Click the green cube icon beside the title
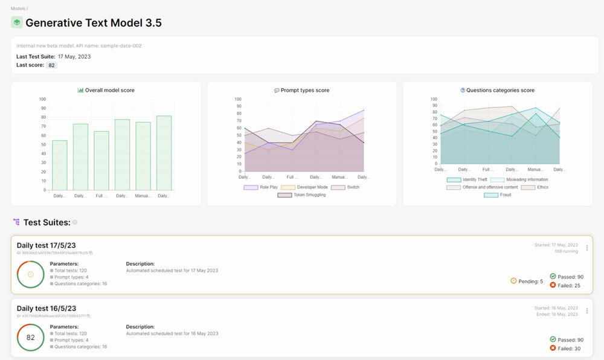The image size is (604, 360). tap(17, 23)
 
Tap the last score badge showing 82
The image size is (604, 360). tap(52, 65)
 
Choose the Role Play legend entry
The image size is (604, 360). tap(260, 187)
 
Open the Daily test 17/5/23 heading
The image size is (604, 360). tap(46, 245)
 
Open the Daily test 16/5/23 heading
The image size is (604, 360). tap(46, 309)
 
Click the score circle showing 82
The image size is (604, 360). tap(30, 338)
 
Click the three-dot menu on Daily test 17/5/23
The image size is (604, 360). tap(586, 248)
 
